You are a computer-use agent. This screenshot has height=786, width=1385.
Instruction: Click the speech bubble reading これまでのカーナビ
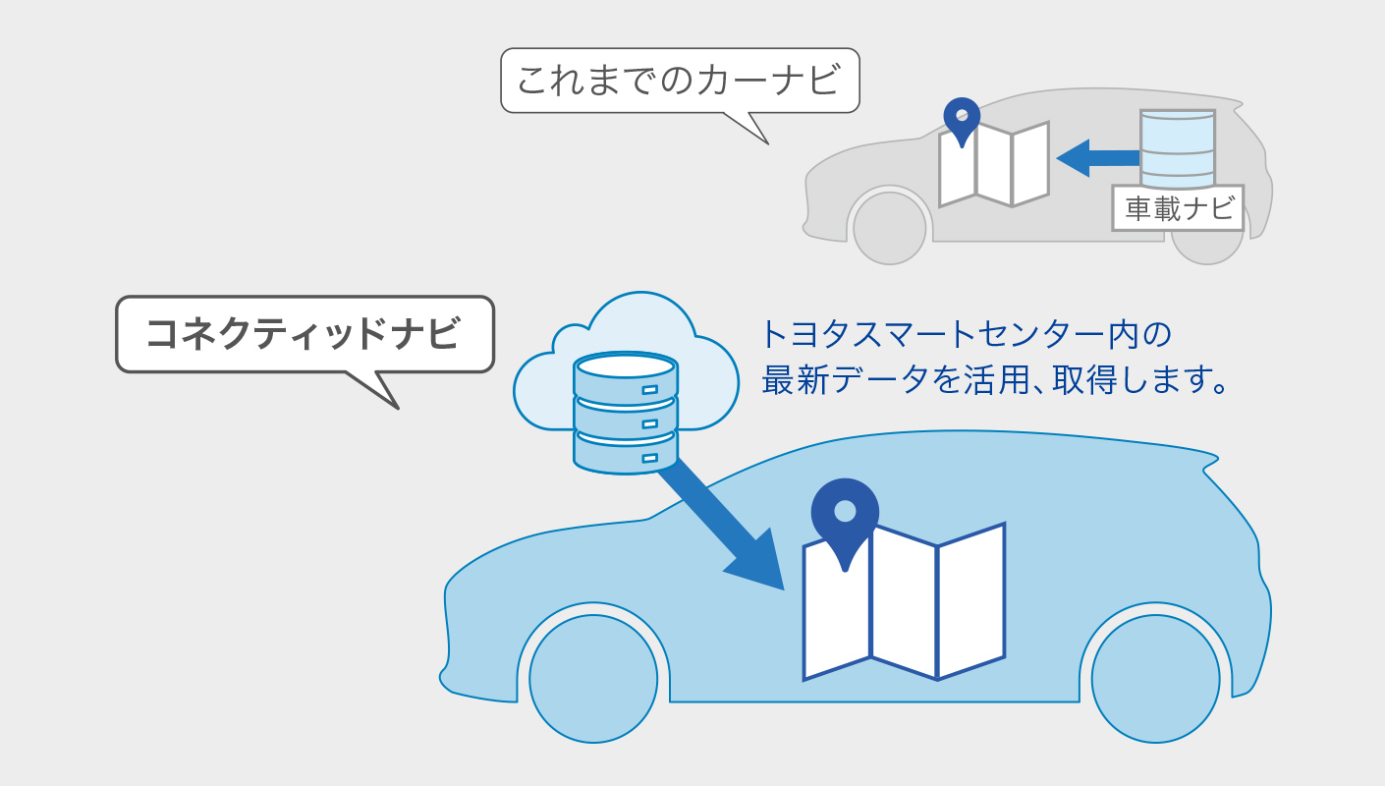click(x=680, y=81)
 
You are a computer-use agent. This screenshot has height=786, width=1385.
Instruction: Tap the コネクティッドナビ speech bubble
click(x=305, y=334)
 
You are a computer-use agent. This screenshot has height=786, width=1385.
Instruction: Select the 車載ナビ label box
click(x=1178, y=208)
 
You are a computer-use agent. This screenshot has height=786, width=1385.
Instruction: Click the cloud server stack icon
click(x=626, y=413)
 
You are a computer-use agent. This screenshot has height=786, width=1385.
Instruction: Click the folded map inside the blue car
click(x=904, y=604)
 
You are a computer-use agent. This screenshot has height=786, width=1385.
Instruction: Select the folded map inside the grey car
click(x=994, y=165)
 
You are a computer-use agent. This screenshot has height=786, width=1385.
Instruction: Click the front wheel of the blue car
click(x=593, y=678)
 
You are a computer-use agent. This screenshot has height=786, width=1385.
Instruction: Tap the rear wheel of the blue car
click(x=1155, y=678)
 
